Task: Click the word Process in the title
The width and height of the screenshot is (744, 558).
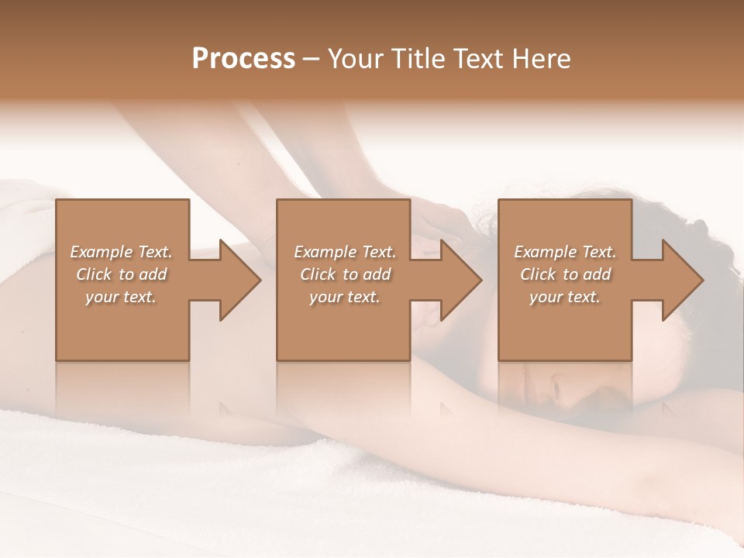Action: pos(243,59)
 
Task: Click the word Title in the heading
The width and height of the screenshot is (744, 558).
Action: pos(415,59)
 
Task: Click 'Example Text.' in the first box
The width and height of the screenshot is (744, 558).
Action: pos(121,252)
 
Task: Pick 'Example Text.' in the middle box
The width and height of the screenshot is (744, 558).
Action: pos(345,252)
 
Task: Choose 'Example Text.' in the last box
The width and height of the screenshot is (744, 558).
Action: pos(565,252)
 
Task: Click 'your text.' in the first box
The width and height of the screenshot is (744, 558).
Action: pos(121,297)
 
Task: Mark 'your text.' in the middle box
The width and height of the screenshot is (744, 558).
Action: pos(345,297)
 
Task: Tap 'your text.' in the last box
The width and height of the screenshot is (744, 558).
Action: pos(565,297)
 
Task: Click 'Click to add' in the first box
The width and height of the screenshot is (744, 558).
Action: pos(121,274)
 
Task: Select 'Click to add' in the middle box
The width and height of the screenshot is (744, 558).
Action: pos(345,274)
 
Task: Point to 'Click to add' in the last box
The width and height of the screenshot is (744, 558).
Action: pos(565,274)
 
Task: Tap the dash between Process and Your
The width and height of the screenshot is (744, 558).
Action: pos(311,60)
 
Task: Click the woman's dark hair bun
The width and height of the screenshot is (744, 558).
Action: pos(709,232)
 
